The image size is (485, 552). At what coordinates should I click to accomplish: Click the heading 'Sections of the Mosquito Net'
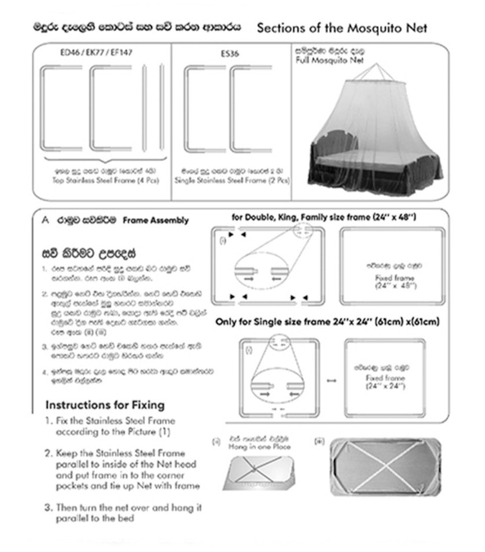343,28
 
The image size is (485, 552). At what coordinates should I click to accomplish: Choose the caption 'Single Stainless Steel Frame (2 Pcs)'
232,181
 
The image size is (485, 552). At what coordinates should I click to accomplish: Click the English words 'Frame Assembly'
155,221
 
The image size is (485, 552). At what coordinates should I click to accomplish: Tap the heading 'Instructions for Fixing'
105,404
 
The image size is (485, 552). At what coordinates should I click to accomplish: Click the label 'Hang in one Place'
260,447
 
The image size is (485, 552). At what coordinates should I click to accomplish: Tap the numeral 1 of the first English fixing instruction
48,421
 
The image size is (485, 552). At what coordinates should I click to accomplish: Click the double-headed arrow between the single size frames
331,380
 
